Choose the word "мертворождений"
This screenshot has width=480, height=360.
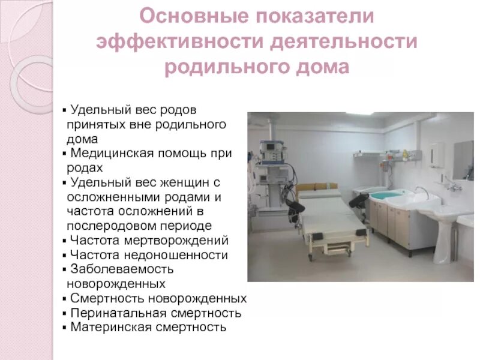[x=185, y=241]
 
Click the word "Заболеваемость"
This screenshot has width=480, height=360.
[x=122, y=269]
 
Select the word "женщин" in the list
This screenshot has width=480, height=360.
[x=178, y=182]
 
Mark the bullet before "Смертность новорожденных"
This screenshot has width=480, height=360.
[x=65, y=299]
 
